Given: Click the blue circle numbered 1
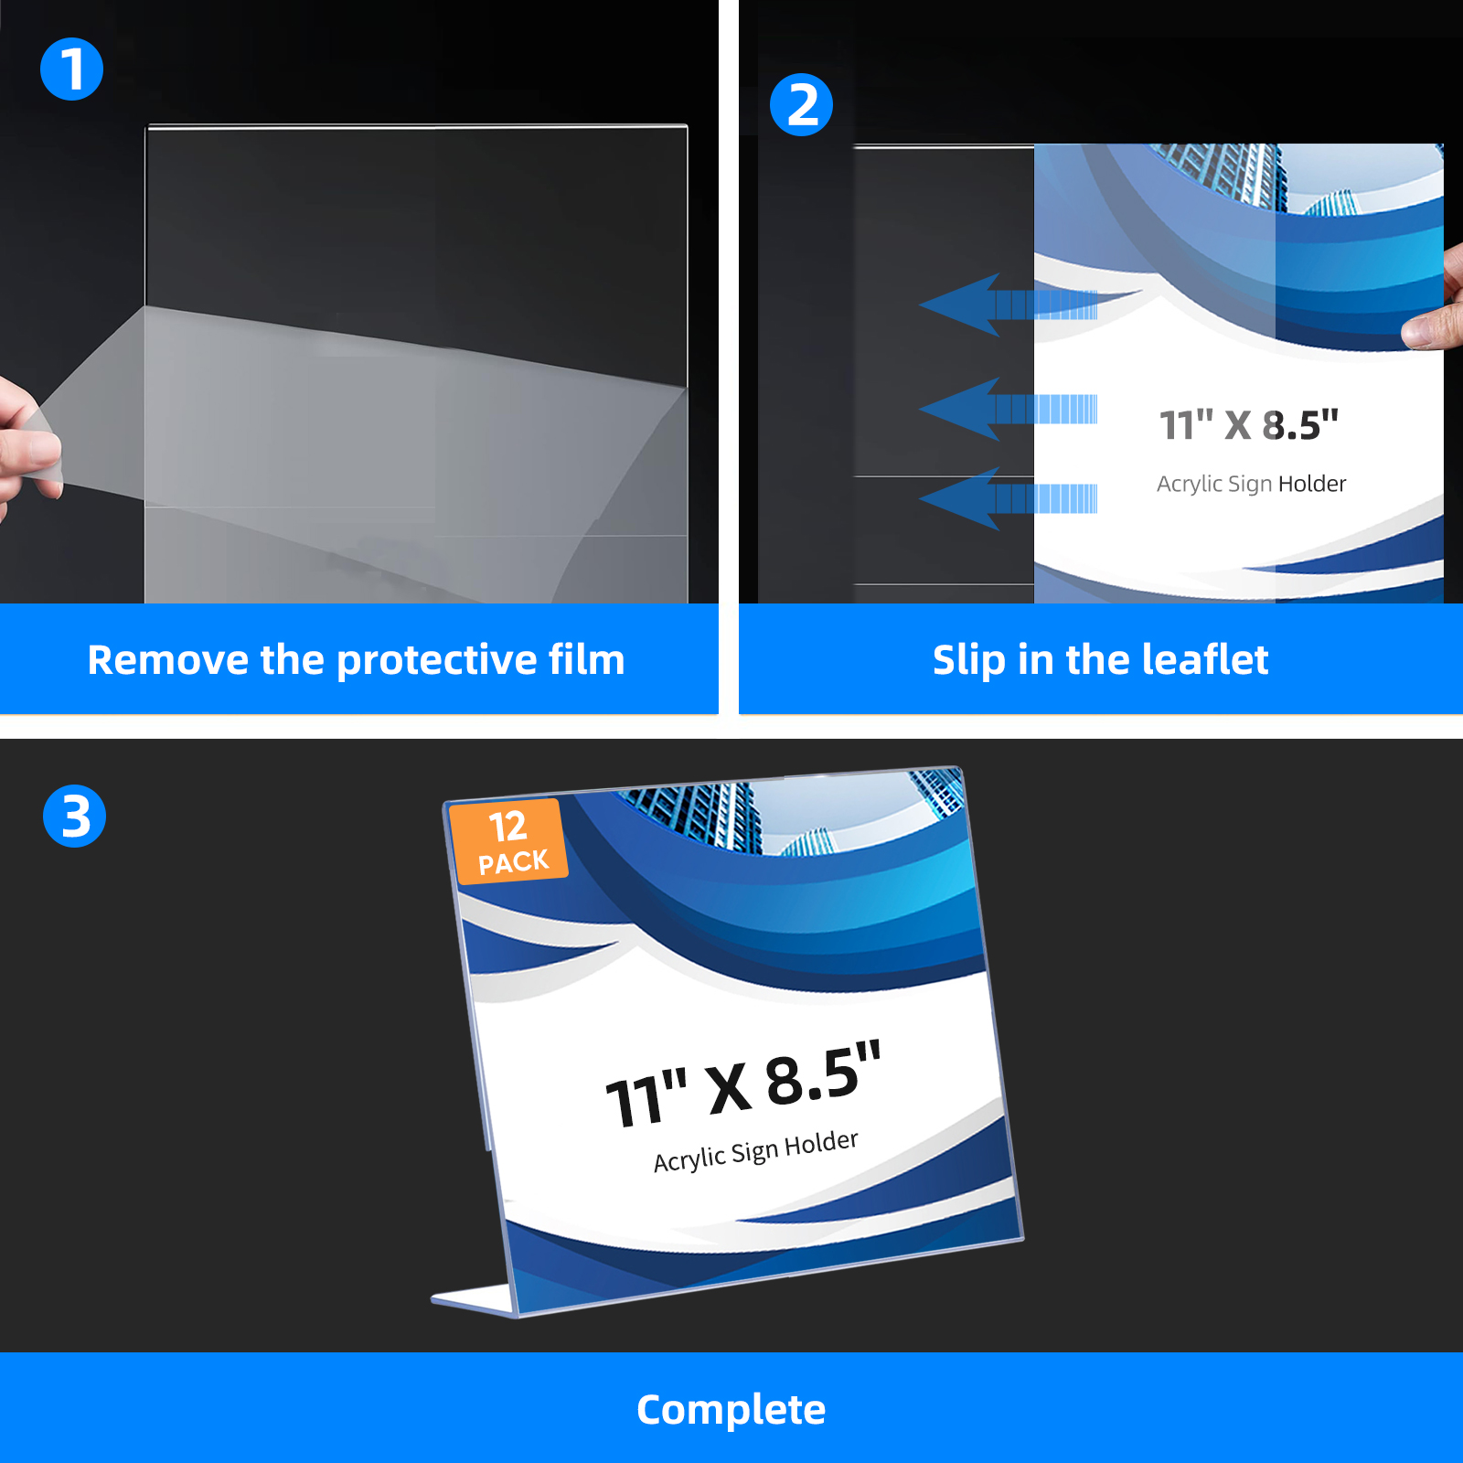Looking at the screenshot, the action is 71,69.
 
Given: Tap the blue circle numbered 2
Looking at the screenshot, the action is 801,105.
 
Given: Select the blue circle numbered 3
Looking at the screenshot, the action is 75,816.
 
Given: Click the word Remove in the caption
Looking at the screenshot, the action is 167,659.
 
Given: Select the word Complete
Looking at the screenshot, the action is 731,1410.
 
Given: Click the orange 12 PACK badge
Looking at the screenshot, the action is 508,840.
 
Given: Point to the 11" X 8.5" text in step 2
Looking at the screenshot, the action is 1248,425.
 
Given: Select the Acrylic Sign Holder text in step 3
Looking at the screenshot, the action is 756,1150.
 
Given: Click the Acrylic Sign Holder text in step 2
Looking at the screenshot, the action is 1251,484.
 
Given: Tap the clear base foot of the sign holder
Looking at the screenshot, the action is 473,1300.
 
